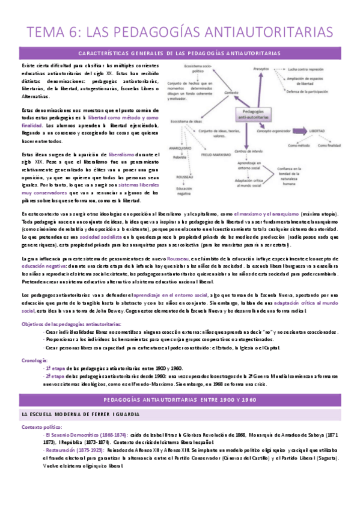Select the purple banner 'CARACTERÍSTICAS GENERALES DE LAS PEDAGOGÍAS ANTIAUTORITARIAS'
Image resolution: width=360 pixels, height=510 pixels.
click(180, 53)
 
